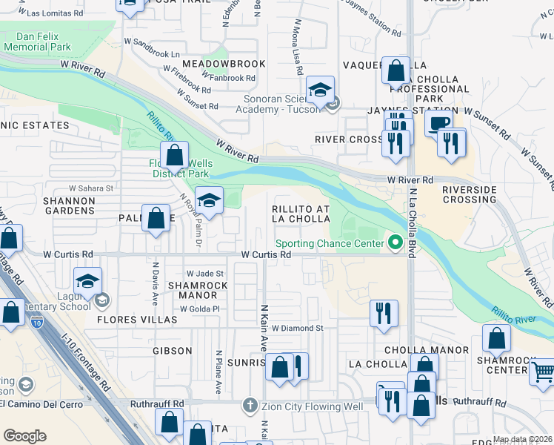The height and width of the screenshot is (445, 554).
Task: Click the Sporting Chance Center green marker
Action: click(x=396, y=243)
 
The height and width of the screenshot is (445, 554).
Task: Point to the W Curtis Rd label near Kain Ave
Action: click(x=264, y=254)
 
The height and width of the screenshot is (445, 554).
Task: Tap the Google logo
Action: click(x=24, y=436)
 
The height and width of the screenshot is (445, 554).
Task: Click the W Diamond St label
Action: click(x=298, y=328)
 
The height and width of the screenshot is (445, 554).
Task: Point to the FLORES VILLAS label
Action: click(x=136, y=320)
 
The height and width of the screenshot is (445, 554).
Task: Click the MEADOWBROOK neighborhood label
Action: click(x=213, y=64)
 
